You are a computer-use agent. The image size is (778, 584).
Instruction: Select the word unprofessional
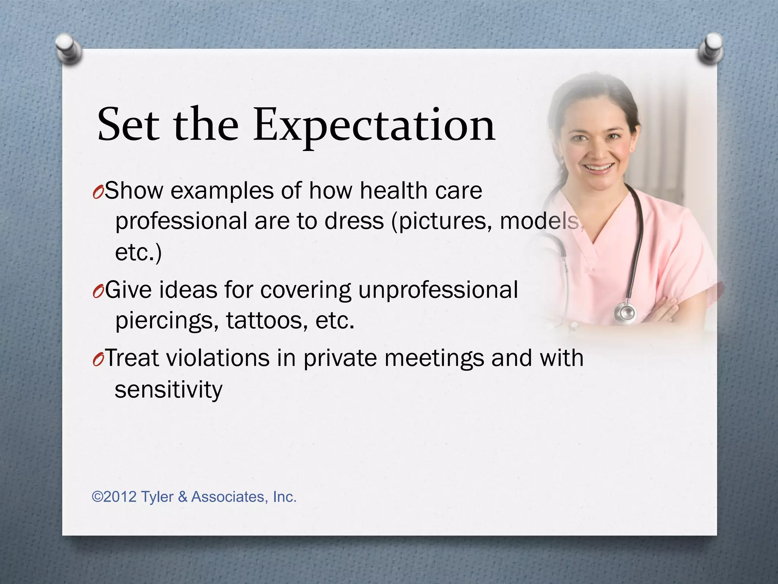tap(438, 290)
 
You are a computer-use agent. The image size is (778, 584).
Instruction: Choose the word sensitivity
tap(168, 390)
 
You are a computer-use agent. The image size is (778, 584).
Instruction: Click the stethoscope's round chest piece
tap(625, 313)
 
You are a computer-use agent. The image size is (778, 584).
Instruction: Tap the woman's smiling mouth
tap(599, 168)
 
